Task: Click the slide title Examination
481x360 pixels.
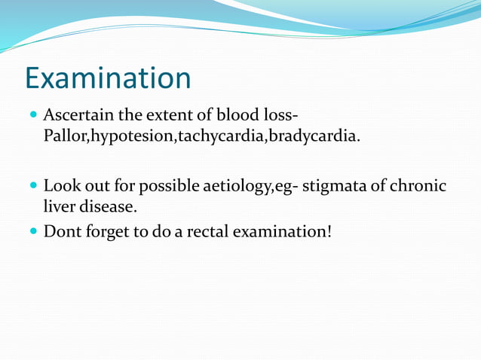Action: click(108, 78)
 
